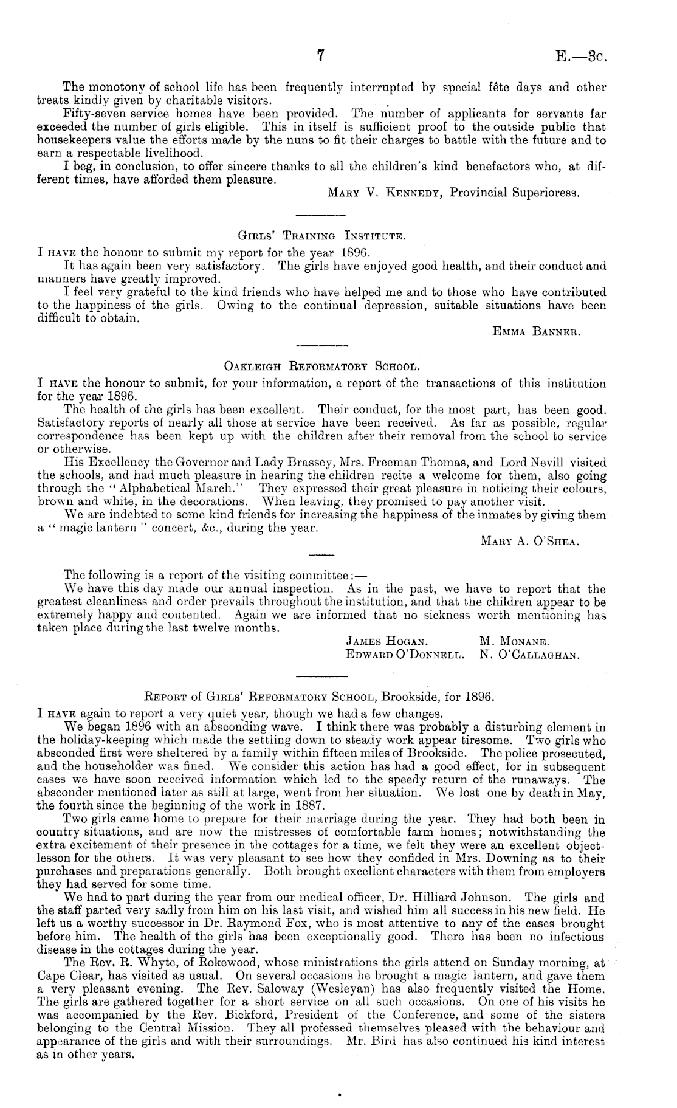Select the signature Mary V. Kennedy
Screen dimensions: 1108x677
385,193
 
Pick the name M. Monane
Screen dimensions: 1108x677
514,641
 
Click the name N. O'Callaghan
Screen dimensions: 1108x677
528,655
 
